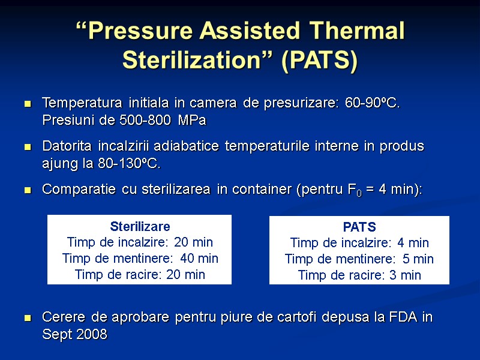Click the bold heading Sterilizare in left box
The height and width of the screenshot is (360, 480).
point(140,227)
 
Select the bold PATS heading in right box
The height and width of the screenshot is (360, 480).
point(359,227)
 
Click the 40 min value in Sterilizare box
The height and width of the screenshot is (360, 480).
point(198,259)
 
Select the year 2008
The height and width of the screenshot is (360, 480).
point(91,335)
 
